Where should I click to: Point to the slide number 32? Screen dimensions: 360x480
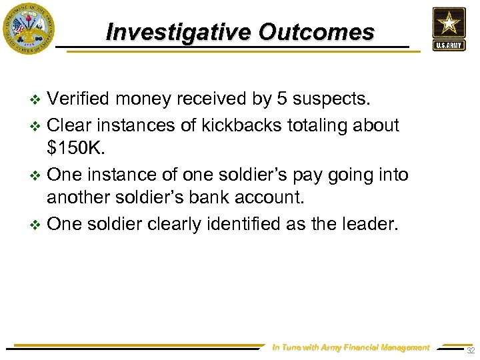pos(470,351)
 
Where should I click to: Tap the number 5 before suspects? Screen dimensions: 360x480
pos(282,99)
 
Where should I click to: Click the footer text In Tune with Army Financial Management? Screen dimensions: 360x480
pos(351,347)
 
